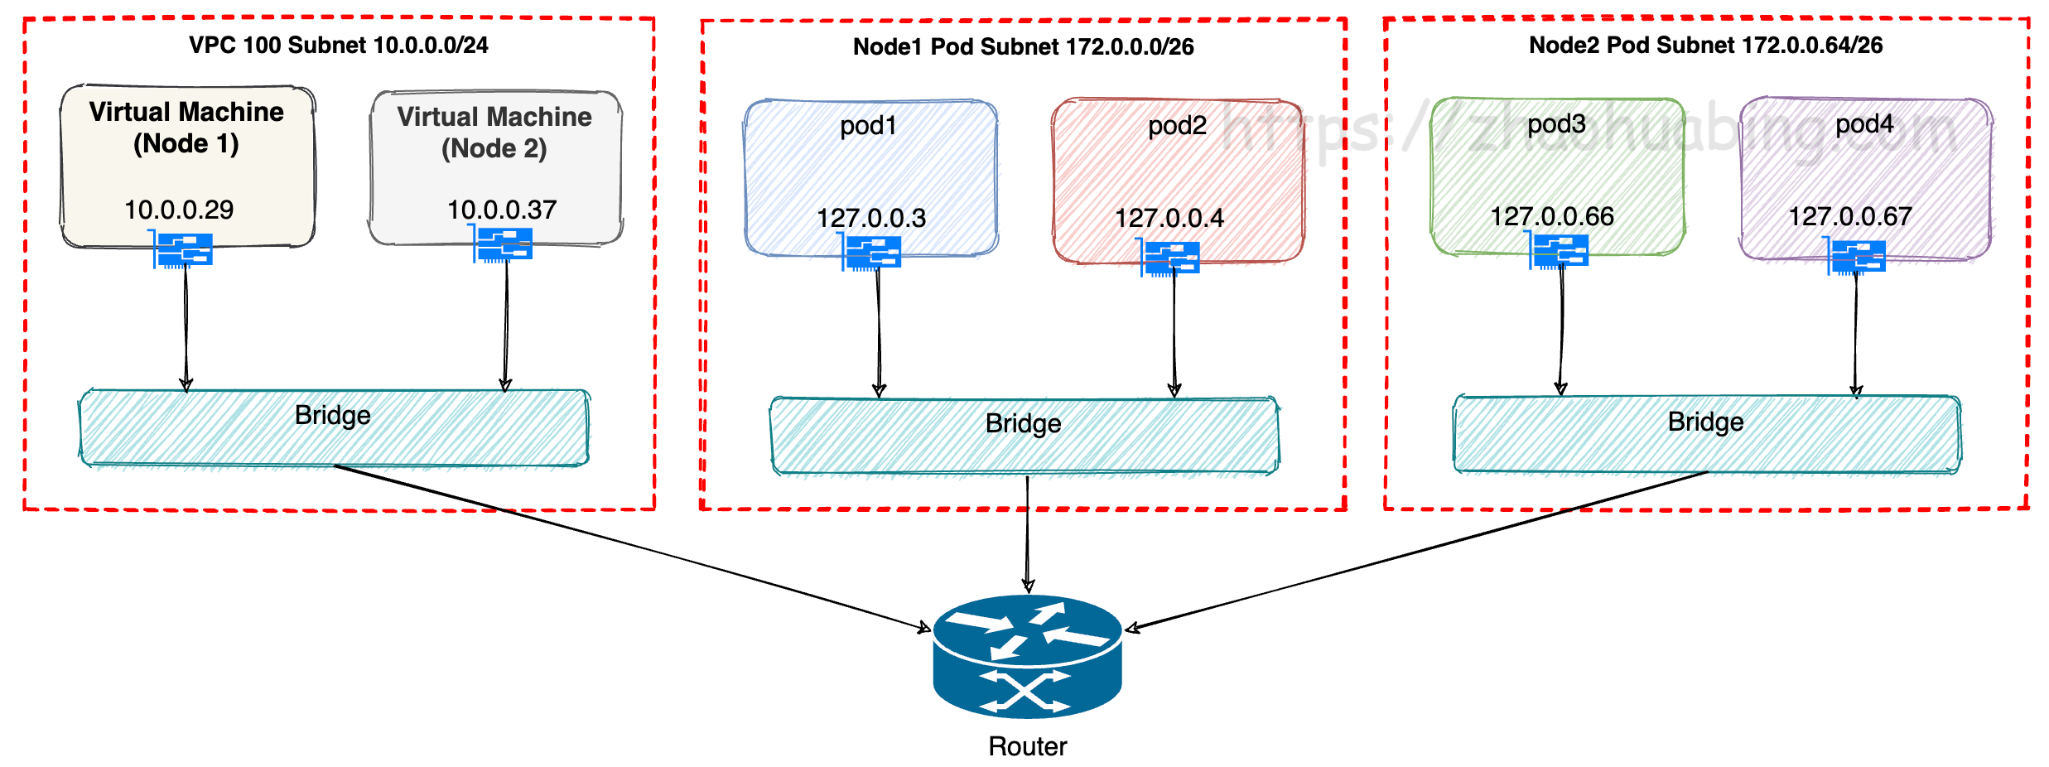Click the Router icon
pyautogui.click(x=1027, y=656)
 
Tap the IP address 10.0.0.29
pyautogui.click(x=179, y=210)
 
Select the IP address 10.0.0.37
pyautogui.click(x=502, y=210)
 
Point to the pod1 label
pyautogui.click(x=868, y=126)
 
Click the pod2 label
pyautogui.click(x=1177, y=126)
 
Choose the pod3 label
pyautogui.click(x=1556, y=124)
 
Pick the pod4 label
pyautogui.click(x=1864, y=124)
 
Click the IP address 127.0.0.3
pyautogui.click(x=871, y=218)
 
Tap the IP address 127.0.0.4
pyautogui.click(x=1169, y=218)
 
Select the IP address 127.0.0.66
pyautogui.click(x=1552, y=216)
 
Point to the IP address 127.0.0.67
pyautogui.click(x=1850, y=216)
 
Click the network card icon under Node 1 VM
pyautogui.click(x=182, y=249)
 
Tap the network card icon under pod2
pyautogui.click(x=1169, y=257)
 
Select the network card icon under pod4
pyautogui.click(x=1856, y=256)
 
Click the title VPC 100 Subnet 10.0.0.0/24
pyautogui.click(x=339, y=45)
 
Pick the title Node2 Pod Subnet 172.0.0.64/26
pyautogui.click(x=1706, y=45)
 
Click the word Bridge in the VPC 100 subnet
pyautogui.click(x=333, y=415)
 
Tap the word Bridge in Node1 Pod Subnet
pyautogui.click(x=1024, y=423)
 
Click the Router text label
pyautogui.click(x=1028, y=746)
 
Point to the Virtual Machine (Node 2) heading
pyautogui.click(x=494, y=133)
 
